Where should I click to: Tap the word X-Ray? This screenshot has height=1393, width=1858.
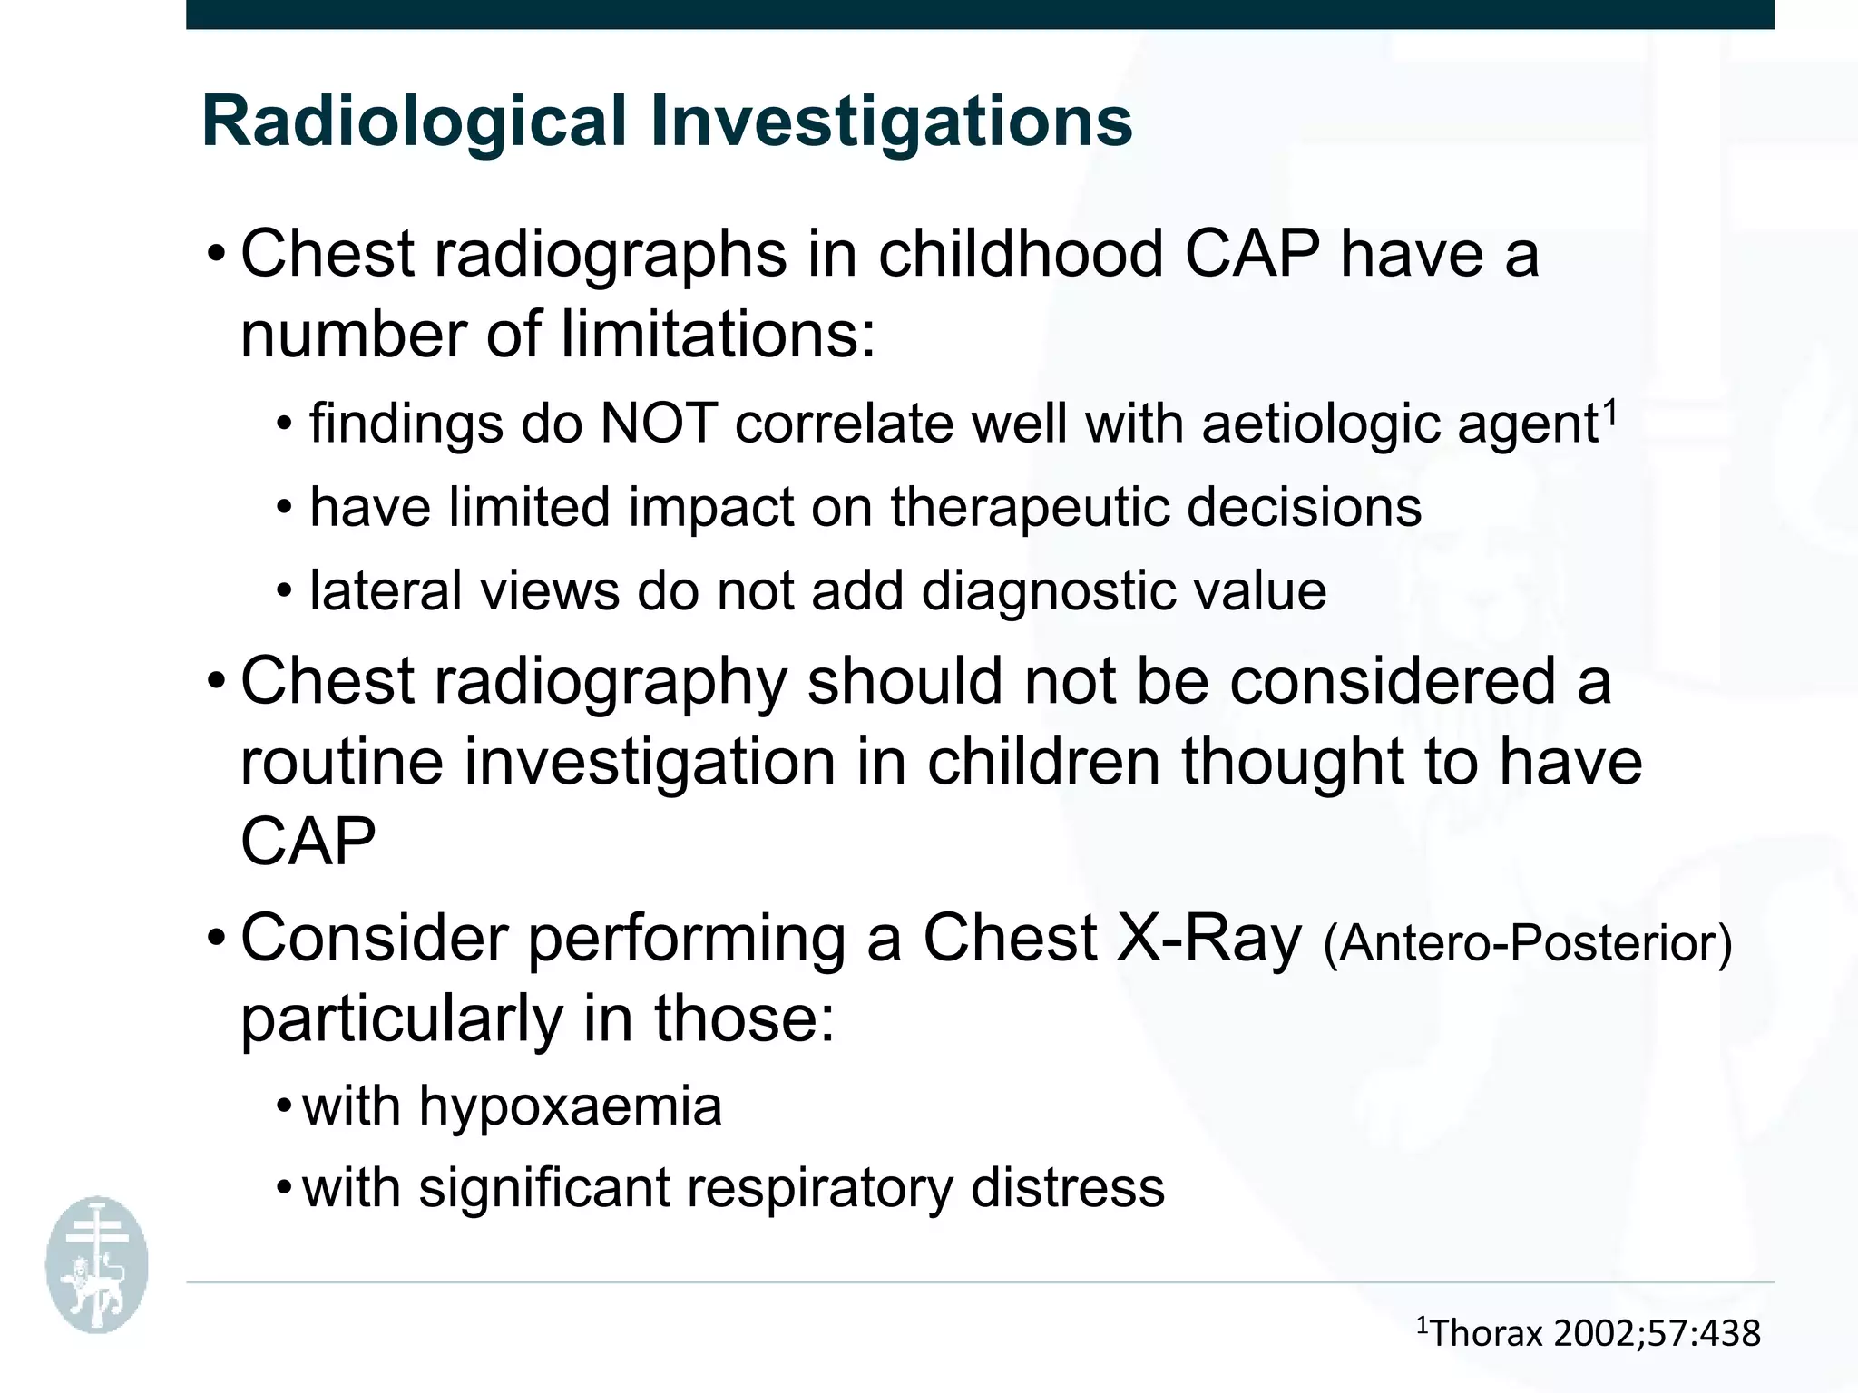1208,939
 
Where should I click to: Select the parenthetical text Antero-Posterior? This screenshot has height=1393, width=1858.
1528,943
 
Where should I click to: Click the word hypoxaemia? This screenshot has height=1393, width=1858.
570,1106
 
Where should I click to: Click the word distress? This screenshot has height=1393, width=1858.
1068,1188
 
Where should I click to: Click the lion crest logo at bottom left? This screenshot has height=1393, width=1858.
97,1266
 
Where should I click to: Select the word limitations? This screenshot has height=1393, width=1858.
717,335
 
